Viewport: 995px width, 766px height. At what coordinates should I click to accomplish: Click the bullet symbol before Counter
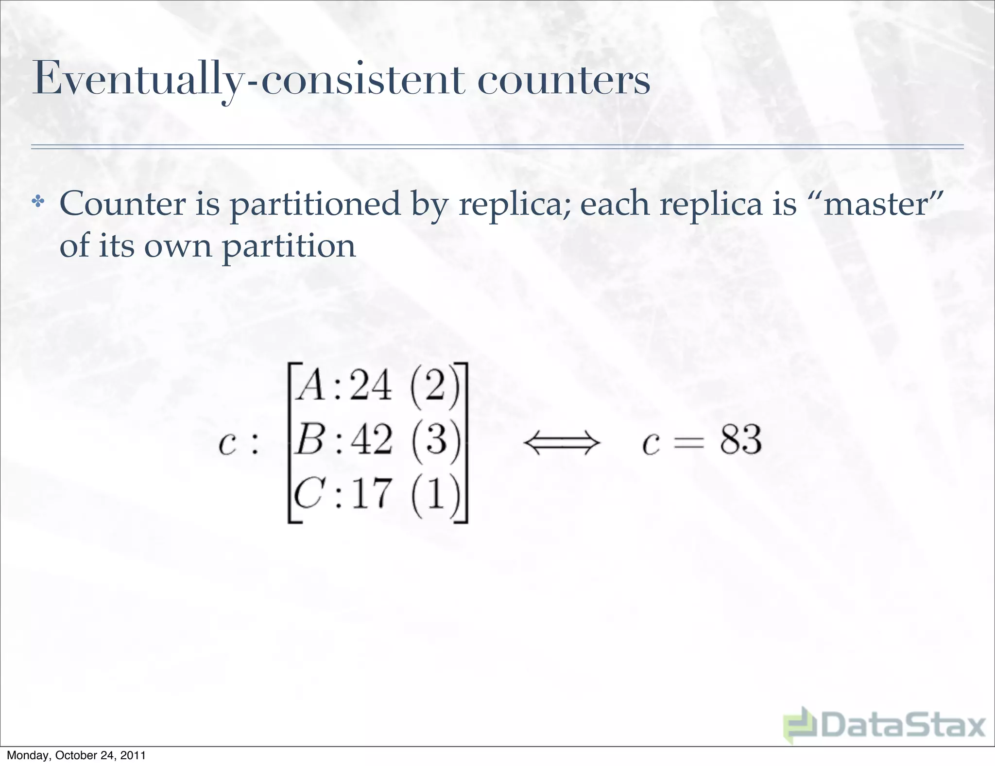tap(37, 201)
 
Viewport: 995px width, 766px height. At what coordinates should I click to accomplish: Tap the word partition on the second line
tap(289, 247)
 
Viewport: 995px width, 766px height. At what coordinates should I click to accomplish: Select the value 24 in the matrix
tap(370, 387)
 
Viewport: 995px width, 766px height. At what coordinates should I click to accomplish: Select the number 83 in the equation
tap(740, 440)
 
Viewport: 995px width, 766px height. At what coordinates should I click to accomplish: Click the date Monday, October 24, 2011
tap(76, 755)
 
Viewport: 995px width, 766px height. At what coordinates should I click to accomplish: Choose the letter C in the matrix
tap(309, 494)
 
